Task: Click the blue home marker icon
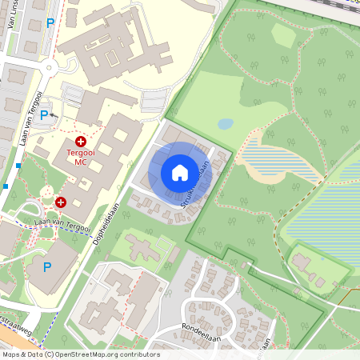coord(180,173)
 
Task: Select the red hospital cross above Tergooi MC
coord(81,141)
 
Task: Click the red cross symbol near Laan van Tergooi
coord(61,202)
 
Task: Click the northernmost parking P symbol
coord(50,23)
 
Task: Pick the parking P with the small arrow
coord(45,115)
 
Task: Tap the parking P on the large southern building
coord(46,266)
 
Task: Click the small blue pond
coord(226,124)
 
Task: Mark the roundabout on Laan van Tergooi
coord(50,69)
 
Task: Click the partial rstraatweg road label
coord(11,322)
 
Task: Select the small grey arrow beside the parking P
coord(54,115)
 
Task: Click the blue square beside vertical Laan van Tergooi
coord(18,166)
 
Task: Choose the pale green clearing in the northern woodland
coord(284,34)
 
